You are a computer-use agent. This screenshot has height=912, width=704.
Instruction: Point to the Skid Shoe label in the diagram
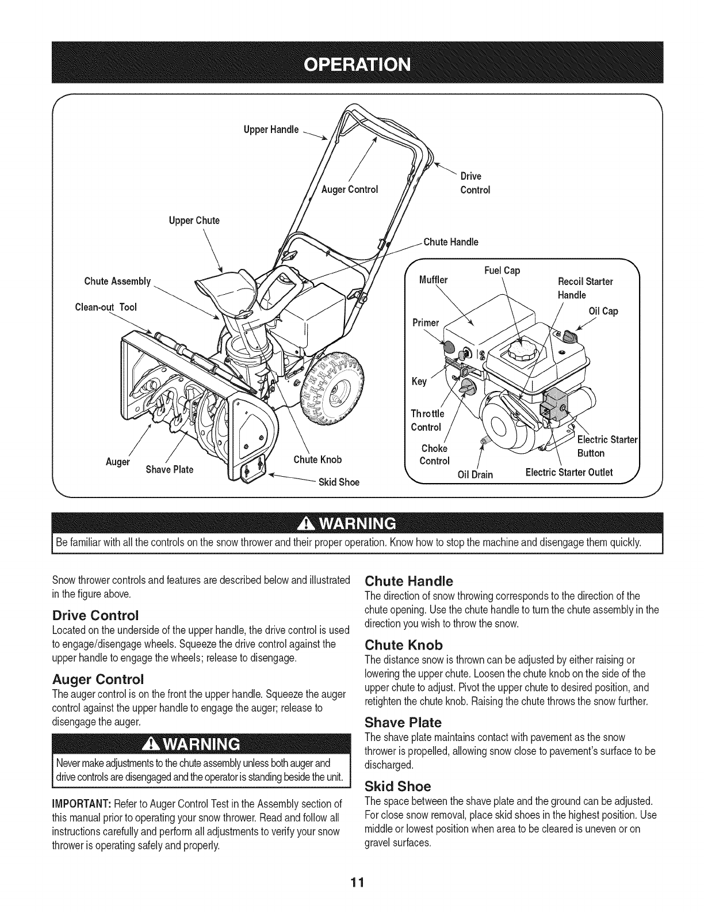pyautogui.click(x=339, y=482)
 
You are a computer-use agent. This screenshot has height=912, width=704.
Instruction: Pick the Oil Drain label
pyautogui.click(x=475, y=474)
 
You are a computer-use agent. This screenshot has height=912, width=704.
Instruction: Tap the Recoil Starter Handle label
pyautogui.click(x=586, y=288)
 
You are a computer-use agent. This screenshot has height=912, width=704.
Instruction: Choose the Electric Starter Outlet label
pyautogui.click(x=569, y=473)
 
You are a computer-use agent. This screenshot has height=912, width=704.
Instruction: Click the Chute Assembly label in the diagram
pyautogui.click(x=117, y=282)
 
